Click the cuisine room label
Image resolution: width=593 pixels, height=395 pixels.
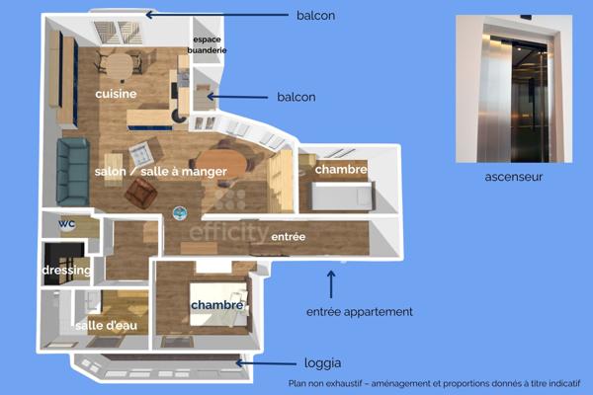tap(116, 93)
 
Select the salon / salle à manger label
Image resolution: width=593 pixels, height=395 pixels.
tap(161, 171)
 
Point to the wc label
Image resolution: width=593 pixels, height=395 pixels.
tap(66, 223)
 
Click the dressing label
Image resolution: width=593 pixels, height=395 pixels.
tap(67, 270)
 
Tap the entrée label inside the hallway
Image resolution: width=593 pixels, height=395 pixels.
tap(289, 237)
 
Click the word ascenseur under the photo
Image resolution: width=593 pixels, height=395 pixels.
tap(513, 178)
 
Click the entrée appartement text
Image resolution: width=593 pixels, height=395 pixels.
tap(359, 311)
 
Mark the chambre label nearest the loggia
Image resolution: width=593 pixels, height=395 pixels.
tap(216, 305)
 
